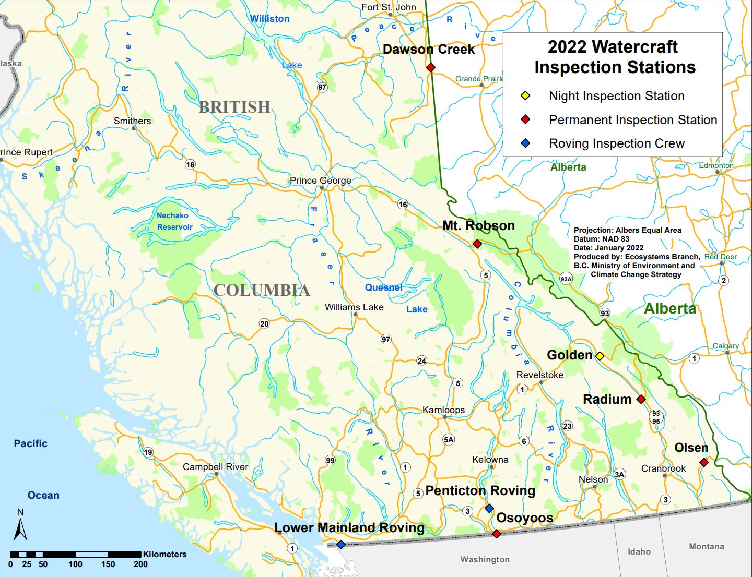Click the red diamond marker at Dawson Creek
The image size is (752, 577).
click(431, 67)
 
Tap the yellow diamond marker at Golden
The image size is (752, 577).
click(600, 356)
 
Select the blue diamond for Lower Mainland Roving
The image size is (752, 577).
click(341, 545)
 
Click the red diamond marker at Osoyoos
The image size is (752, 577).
click(497, 534)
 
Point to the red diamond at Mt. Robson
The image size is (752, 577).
click(477, 244)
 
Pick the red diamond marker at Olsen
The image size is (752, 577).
click(704, 462)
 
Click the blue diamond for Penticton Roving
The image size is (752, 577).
click(489, 508)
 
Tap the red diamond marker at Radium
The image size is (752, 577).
click(641, 399)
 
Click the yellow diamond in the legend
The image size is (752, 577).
click(525, 95)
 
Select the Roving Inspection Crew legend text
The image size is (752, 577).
click(616, 143)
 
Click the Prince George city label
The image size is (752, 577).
click(320, 181)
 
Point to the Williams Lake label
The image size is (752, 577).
click(354, 307)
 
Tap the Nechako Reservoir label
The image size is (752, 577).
click(174, 221)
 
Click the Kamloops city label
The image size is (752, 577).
click(443, 410)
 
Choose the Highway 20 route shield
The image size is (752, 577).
click(264, 323)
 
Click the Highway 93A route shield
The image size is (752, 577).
click(566, 279)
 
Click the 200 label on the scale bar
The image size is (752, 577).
click(140, 564)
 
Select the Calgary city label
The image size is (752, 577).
click(725, 346)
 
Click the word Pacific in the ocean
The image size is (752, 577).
click(30, 443)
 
